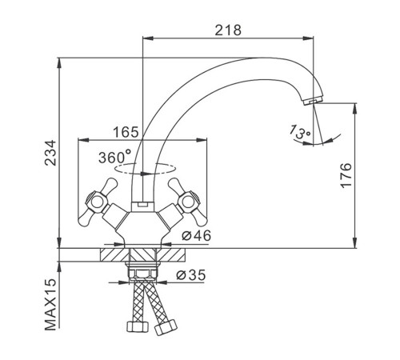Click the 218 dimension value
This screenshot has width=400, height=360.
[228, 30]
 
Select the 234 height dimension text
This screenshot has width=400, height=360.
[50, 153]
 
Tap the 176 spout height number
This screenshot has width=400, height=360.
[346, 175]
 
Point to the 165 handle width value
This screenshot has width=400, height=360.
[126, 132]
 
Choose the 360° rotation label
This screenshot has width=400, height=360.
[114, 157]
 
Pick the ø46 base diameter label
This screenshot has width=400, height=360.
[196, 235]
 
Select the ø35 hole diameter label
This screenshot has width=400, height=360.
[191, 274]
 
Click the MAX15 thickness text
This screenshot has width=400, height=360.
[50, 305]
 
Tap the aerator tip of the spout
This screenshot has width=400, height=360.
[314, 101]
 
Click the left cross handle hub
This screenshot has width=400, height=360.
[97, 202]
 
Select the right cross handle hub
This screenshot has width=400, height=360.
[188, 202]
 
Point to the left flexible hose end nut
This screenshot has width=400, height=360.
[137, 326]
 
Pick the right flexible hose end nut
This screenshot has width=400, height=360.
[166, 327]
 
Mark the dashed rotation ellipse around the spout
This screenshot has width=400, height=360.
[145, 169]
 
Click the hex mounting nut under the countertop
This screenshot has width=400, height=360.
[142, 272]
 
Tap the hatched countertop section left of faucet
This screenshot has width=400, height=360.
[114, 254]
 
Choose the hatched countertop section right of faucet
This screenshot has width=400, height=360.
[170, 254]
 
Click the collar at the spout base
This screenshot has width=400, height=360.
[142, 206]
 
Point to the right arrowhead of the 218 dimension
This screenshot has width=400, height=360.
[309, 38]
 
